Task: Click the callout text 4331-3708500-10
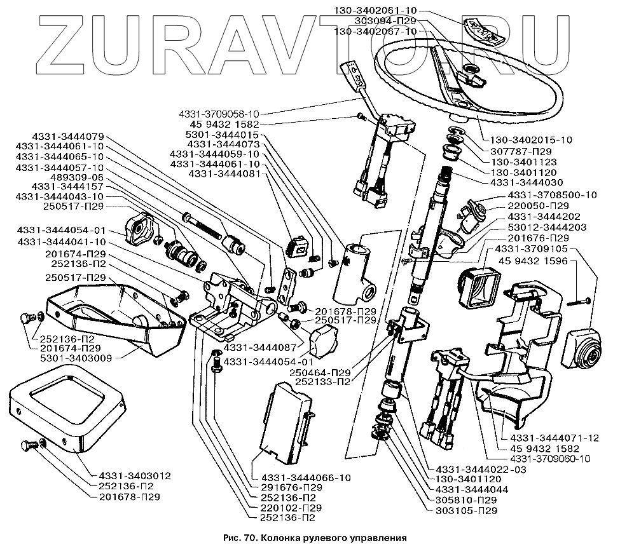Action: click(x=553, y=194)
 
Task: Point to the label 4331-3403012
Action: click(x=135, y=475)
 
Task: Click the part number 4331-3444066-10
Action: click(x=301, y=478)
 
